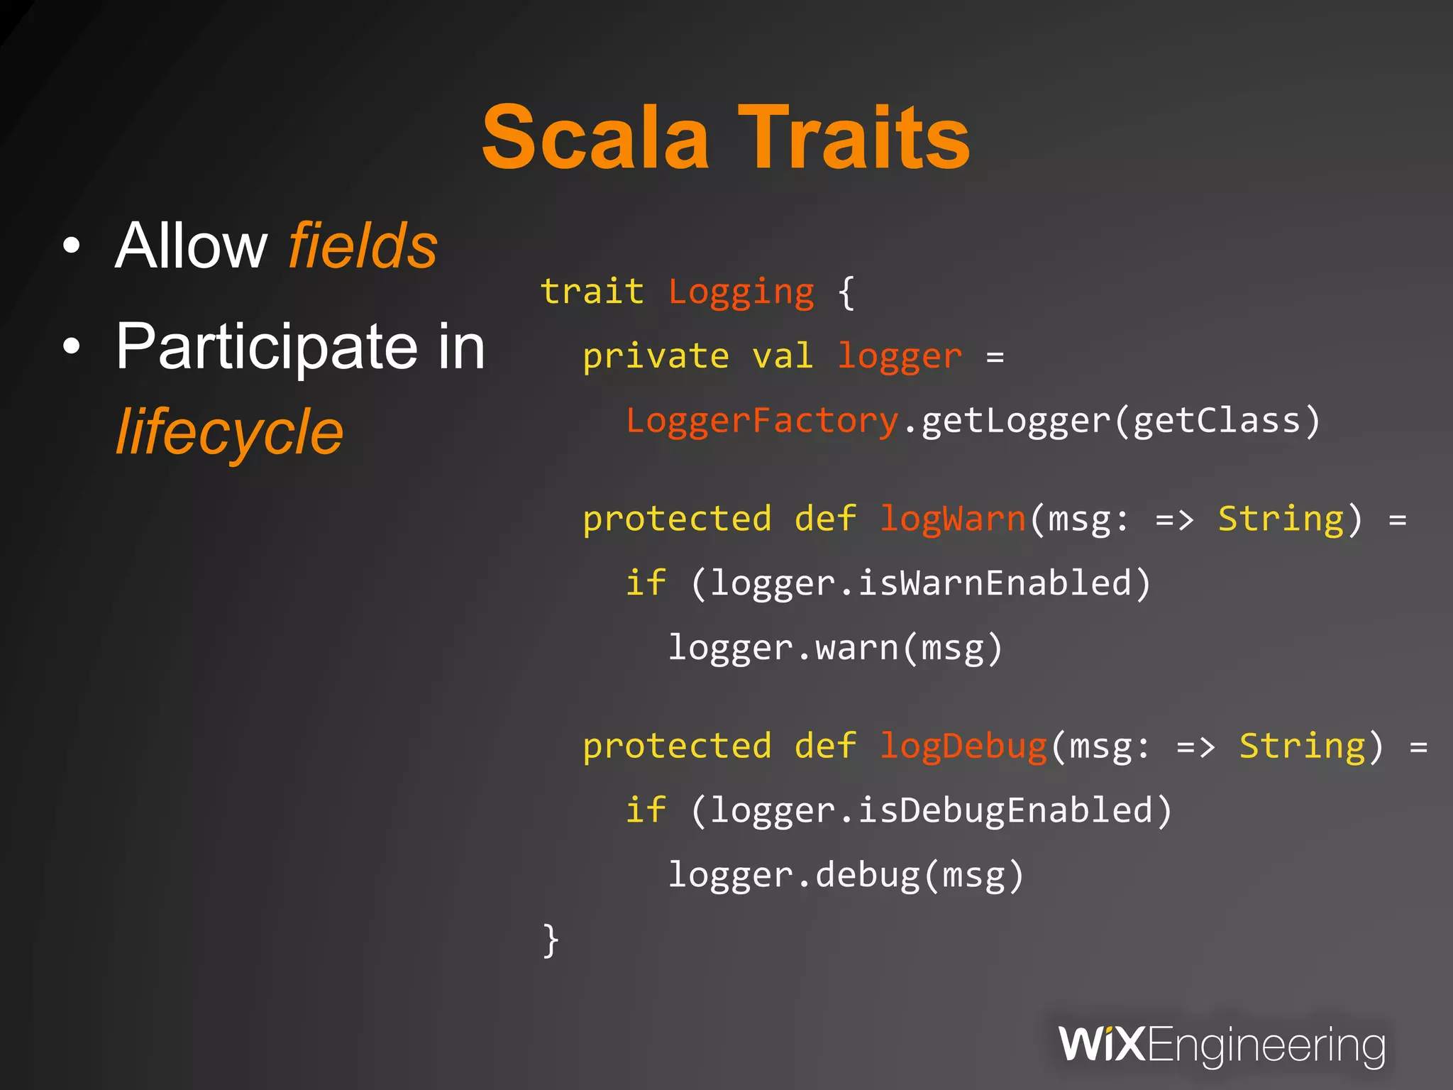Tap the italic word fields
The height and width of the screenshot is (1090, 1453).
(x=363, y=246)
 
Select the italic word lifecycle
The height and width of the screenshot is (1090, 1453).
(x=229, y=432)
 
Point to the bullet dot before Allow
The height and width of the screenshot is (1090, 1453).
(x=72, y=246)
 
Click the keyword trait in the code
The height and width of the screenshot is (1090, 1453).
(x=592, y=292)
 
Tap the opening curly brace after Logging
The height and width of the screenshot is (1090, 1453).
(x=846, y=292)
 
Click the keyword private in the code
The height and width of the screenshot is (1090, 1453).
(x=656, y=356)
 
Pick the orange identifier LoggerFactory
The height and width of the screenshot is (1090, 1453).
(x=762, y=421)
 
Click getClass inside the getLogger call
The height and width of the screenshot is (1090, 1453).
(x=1217, y=421)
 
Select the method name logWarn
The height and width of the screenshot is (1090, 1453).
(x=953, y=519)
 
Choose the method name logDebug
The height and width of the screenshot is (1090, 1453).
(x=963, y=747)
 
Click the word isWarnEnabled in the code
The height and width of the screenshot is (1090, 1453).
(x=994, y=583)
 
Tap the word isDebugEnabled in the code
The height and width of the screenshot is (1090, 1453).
(x=1005, y=810)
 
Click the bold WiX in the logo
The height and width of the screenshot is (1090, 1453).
(x=1102, y=1045)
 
